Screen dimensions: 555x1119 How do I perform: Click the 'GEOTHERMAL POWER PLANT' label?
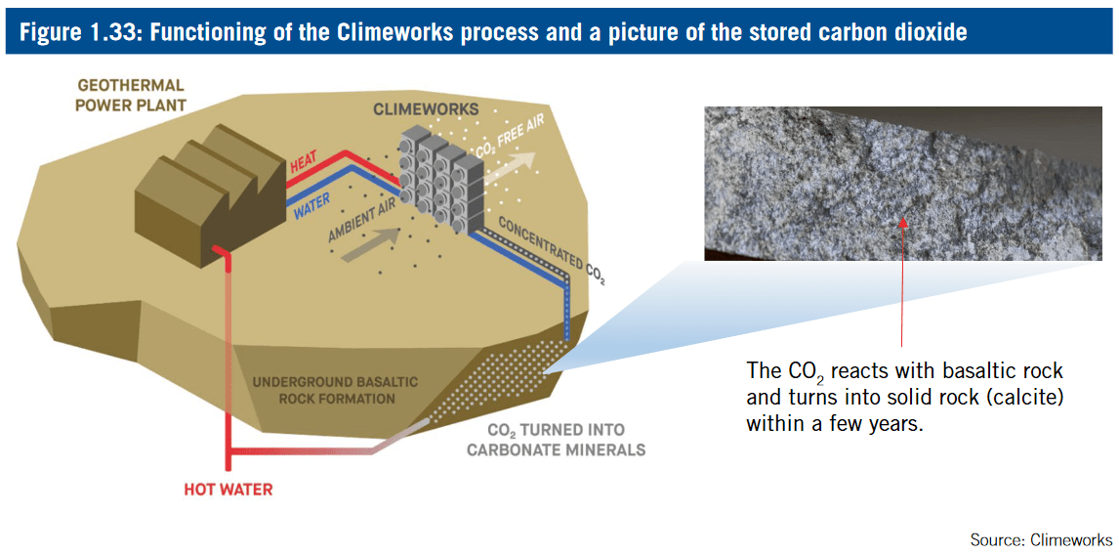[x=131, y=96]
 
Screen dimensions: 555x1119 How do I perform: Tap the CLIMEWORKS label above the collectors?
[x=426, y=109]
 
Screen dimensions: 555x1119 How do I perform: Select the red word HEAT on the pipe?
[x=304, y=165]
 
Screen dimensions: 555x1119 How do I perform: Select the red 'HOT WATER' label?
[x=228, y=489]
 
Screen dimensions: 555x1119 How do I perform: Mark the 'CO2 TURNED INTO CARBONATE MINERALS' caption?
[x=556, y=440]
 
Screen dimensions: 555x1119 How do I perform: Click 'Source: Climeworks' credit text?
[x=1041, y=539]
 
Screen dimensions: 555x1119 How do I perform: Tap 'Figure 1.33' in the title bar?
[x=72, y=33]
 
